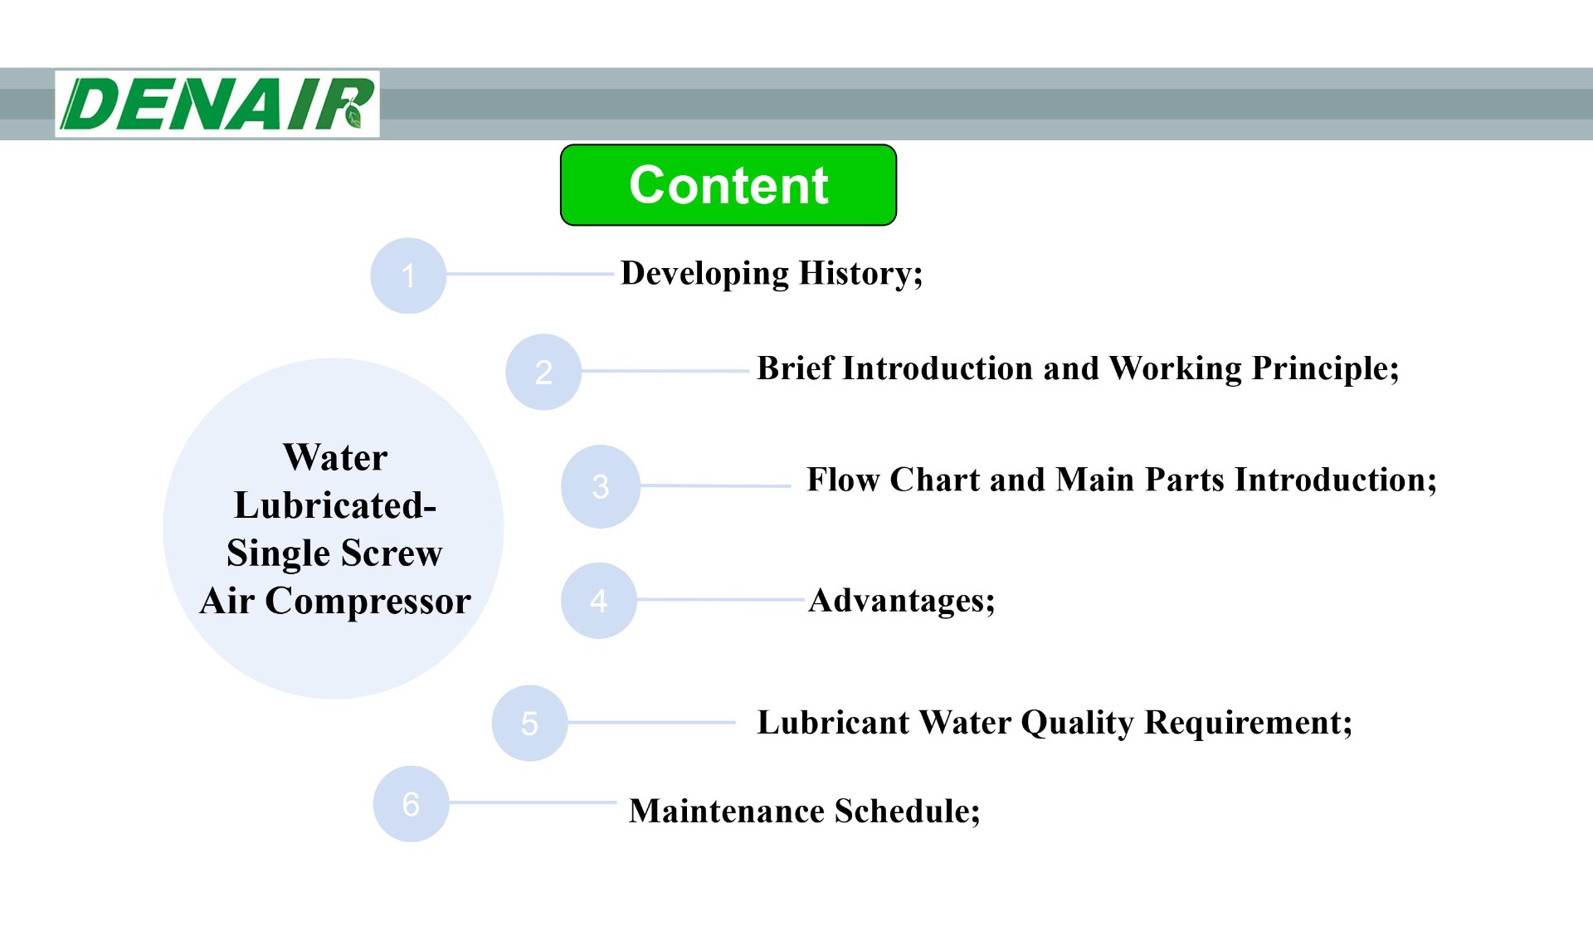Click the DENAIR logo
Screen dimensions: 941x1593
pos(217,105)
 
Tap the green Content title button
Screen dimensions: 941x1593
pos(728,184)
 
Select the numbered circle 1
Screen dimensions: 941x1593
pos(408,275)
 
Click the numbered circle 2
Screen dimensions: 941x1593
pos(543,372)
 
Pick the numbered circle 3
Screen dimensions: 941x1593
pos(601,486)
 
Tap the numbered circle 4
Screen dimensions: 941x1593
pos(599,600)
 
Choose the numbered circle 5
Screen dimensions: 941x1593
pos(529,723)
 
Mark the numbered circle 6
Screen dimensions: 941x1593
pos(411,803)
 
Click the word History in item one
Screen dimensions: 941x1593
pos(860,274)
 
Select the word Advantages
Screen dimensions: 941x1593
pos(899,600)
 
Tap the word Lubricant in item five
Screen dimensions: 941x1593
pos(833,723)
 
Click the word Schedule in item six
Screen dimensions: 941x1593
pos(907,811)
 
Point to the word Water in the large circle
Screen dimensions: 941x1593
pos(335,457)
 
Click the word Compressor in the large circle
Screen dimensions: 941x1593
pos(368,601)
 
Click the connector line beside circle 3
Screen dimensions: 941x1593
pos(715,485)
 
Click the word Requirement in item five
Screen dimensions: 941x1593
pos(1248,723)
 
